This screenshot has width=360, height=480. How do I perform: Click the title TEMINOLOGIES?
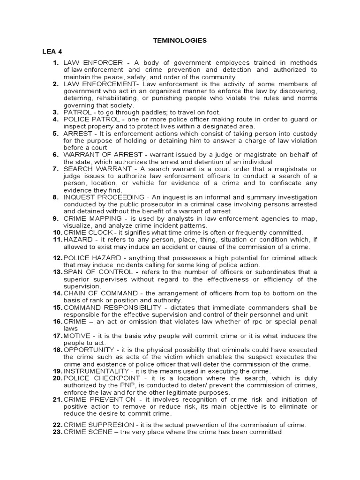tap(180, 41)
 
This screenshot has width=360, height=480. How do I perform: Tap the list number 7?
tap(55, 168)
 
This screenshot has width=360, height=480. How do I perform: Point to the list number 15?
tap(57, 307)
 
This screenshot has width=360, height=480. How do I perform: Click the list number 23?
tap(57, 432)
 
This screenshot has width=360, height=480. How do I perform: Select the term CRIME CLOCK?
tap(88, 232)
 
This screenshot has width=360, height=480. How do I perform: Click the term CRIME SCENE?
tap(85, 432)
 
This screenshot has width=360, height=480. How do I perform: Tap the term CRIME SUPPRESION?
tap(95, 425)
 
